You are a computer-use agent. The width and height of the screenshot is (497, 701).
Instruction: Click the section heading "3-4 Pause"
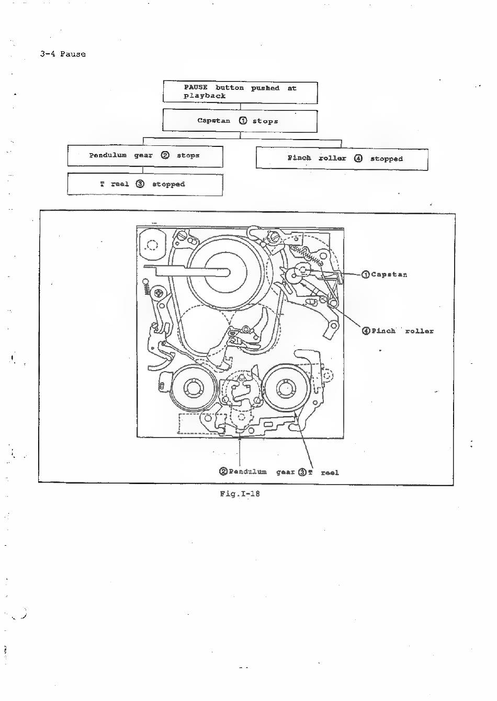63,54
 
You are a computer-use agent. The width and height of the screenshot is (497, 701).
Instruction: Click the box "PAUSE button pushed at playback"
240,92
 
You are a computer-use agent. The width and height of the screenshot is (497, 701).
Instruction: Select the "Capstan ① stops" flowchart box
240,121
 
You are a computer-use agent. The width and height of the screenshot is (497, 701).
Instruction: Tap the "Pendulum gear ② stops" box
145,156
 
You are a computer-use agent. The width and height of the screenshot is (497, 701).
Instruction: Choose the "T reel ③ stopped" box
145,185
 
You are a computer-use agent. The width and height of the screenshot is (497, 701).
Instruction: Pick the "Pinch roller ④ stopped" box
342,159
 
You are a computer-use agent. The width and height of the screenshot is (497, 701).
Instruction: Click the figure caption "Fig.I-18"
240,493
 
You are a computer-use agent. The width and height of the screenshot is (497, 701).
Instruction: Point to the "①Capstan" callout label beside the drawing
385,275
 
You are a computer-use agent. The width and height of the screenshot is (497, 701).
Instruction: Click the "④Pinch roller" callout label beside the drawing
398,331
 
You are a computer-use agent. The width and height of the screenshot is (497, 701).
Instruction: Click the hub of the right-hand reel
285,388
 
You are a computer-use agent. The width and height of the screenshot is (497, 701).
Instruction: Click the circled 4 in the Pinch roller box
358,158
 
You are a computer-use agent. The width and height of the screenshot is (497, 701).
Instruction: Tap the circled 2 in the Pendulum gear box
165,155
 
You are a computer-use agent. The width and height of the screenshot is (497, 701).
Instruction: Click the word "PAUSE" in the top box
196,88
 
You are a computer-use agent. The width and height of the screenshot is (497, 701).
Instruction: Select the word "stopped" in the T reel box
168,184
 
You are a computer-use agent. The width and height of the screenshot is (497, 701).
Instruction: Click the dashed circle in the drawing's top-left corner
152,245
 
